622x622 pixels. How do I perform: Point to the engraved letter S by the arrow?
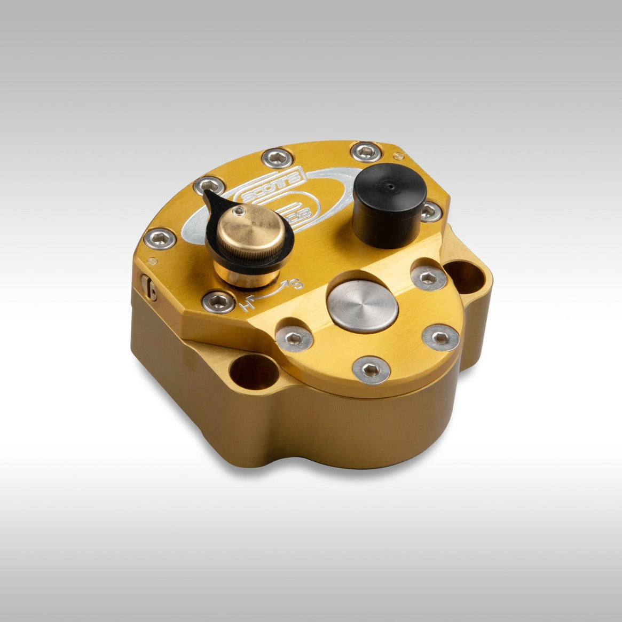pyautogui.click(x=298, y=284)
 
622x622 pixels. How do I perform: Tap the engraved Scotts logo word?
pyautogui.click(x=272, y=190)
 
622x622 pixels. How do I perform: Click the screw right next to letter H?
pyautogui.click(x=219, y=302)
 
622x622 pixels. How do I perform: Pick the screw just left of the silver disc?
pyautogui.click(x=294, y=338)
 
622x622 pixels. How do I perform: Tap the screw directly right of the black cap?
pyautogui.click(x=430, y=211)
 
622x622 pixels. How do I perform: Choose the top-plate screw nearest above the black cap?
pyautogui.click(x=366, y=152)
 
